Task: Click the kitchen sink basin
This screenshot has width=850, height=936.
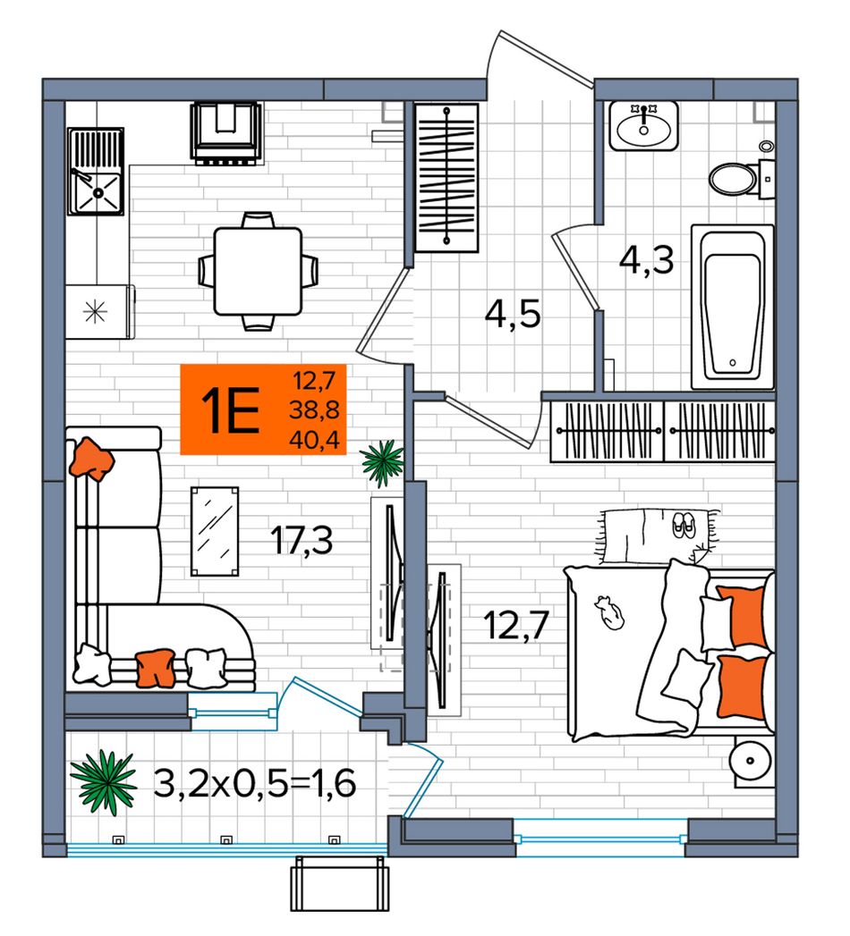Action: (x=97, y=192)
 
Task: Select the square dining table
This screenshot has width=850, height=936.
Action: (x=258, y=271)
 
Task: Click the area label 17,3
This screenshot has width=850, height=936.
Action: (x=301, y=540)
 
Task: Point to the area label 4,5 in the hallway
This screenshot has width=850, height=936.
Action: (x=513, y=314)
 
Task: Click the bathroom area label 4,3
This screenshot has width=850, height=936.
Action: (x=646, y=260)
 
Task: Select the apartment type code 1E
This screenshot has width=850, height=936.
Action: (x=231, y=409)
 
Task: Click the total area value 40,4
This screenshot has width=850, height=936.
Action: (x=314, y=440)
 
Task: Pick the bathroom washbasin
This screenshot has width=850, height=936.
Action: (x=643, y=126)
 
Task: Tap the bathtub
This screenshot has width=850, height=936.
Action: (x=732, y=307)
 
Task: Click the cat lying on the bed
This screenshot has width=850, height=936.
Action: (x=609, y=612)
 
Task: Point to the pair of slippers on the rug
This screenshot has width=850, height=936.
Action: (x=684, y=524)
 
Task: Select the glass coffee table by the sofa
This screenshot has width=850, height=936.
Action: (x=215, y=531)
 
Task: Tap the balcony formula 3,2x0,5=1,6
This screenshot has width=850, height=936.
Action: (x=255, y=783)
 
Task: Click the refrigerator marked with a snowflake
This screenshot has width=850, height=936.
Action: (x=99, y=312)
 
